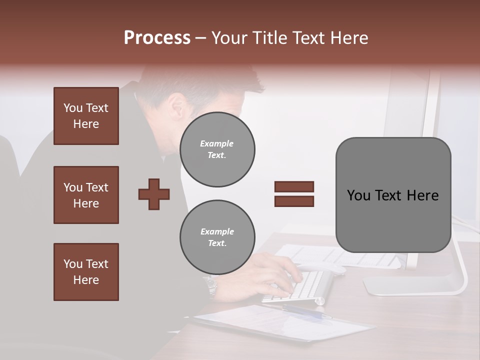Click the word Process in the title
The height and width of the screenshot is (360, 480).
tap(157, 38)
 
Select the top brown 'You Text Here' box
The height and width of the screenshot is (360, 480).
tap(86, 116)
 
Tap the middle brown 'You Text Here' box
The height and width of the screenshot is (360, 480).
tap(86, 195)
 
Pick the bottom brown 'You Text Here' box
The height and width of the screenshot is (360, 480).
tap(86, 272)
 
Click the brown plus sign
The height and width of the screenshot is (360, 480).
tap(154, 194)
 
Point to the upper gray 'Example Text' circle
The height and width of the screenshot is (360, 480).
tap(217, 149)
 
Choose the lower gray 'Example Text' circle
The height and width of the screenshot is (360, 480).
tap(217, 237)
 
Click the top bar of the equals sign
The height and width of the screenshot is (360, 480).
tap(294, 186)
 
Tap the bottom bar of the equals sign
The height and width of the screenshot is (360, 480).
tap(294, 201)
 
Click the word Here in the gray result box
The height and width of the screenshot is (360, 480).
tap(422, 195)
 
